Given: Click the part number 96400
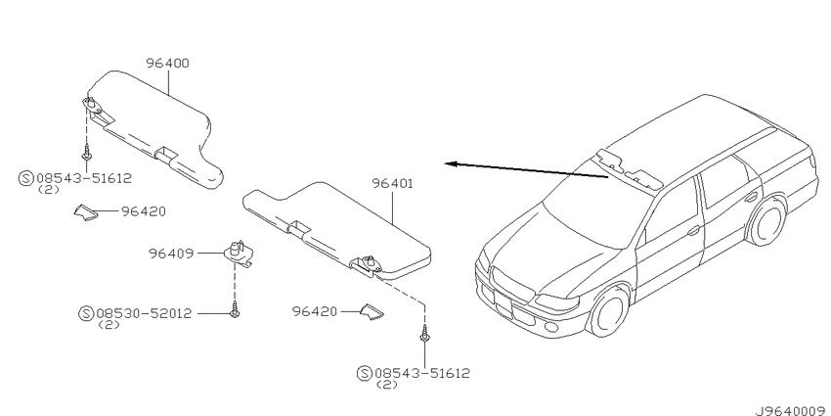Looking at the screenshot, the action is (x=167, y=64).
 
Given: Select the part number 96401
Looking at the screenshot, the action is (x=392, y=184).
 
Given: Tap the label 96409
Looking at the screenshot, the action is (x=171, y=254).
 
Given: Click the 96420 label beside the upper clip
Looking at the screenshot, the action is (x=143, y=211).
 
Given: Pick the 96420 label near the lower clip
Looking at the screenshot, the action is (x=314, y=311).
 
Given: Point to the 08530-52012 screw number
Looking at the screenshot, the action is (x=144, y=313).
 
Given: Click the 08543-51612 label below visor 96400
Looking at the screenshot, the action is (x=83, y=178).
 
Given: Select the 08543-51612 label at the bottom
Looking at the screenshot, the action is (x=422, y=373).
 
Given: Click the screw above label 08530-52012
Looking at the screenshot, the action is (x=235, y=310).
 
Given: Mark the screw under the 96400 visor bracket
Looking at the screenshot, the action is (x=85, y=154).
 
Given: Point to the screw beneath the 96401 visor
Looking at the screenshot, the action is (x=424, y=334).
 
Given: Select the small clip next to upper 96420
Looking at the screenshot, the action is (x=85, y=211).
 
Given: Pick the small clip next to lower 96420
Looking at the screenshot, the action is (x=372, y=312).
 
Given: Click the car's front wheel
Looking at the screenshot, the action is (x=610, y=310).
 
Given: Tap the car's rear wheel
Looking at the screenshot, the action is (x=766, y=222).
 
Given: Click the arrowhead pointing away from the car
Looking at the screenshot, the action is (x=450, y=164).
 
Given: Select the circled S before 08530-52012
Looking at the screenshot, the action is (x=86, y=313).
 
